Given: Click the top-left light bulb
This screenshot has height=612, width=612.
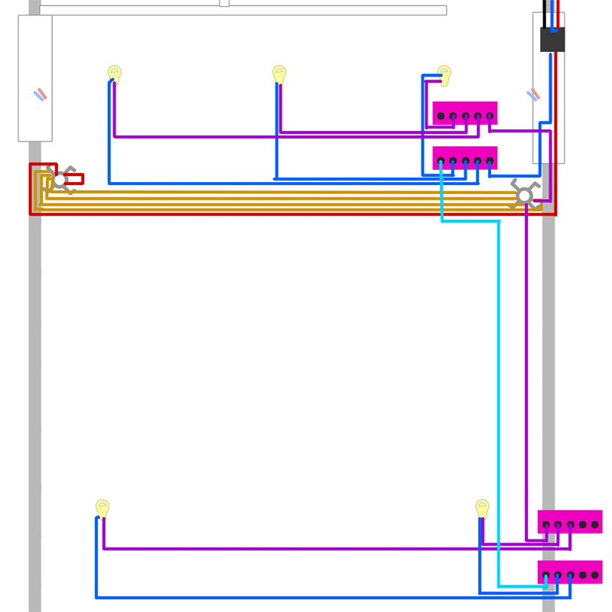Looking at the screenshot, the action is (115, 73).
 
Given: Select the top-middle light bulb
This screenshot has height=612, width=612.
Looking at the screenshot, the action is (279, 73).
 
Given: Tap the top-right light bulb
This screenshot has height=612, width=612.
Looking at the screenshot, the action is (444, 73).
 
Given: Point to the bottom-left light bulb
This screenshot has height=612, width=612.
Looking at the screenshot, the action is (103, 507).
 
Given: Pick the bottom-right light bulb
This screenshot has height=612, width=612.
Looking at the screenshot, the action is (482, 507).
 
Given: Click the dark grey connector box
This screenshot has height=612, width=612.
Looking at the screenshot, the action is (552, 40).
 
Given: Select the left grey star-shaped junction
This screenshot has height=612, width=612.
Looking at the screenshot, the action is (60, 180).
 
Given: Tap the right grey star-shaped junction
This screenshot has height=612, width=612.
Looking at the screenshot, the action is (524, 196).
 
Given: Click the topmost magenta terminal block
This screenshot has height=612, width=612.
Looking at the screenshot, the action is (465, 112).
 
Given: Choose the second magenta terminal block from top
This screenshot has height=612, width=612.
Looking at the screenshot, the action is (465, 158).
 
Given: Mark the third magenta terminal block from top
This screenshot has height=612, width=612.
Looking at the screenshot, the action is (570, 522).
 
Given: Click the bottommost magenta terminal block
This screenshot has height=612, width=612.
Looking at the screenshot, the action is (570, 572).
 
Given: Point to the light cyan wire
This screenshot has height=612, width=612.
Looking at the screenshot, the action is (499, 382).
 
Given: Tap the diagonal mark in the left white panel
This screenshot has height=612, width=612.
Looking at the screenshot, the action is (40, 95).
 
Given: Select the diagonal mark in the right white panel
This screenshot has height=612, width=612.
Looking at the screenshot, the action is (533, 95).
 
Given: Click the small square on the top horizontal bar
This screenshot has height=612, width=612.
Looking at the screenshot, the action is (224, 3).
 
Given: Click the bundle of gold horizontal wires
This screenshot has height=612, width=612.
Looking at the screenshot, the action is (291, 200).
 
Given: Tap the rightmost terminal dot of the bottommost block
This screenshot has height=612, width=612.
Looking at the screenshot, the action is (595, 575).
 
